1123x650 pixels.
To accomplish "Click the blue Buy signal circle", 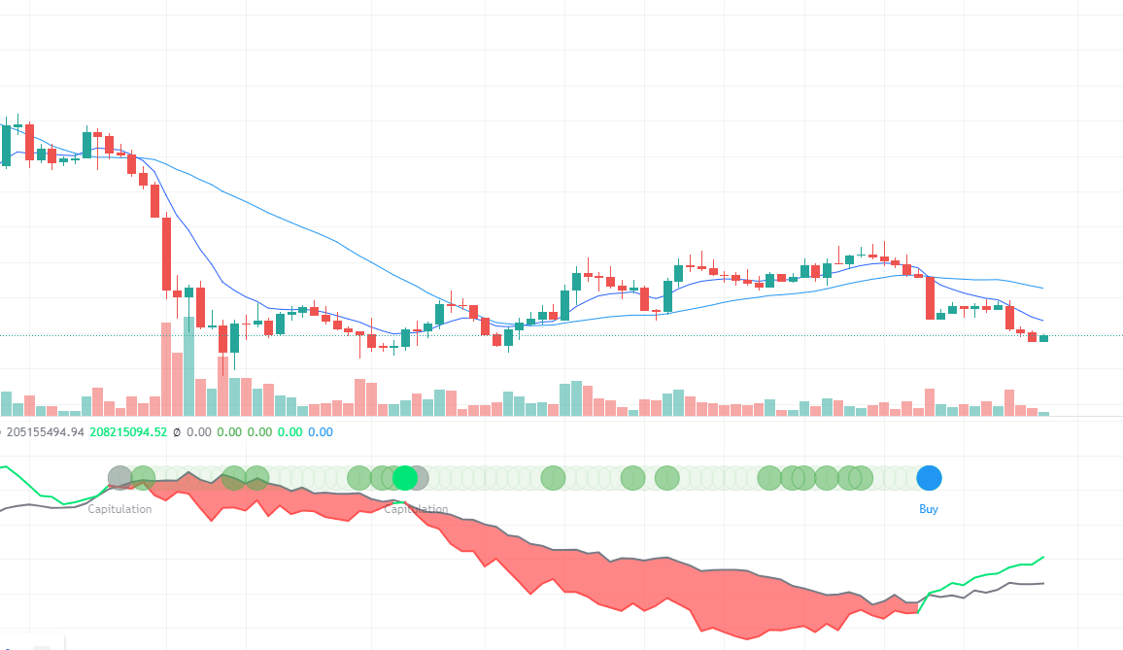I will (929, 477).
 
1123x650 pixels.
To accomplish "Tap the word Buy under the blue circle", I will (929, 509).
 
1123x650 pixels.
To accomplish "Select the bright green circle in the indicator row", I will (405, 477).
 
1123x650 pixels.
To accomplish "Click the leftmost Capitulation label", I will (119, 509).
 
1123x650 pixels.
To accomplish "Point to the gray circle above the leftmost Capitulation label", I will (119, 477).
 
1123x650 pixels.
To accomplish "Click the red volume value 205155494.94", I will (45, 432).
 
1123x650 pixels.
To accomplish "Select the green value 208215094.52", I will (128, 432).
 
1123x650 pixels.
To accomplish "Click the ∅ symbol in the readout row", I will (176, 432).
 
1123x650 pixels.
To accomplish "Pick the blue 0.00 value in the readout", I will (321, 432).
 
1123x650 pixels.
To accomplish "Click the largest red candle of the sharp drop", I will (166, 254).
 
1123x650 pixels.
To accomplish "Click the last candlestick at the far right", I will (1043, 338).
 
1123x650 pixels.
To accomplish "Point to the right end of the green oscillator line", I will (1043, 558).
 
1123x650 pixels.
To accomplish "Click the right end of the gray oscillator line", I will (1043, 583).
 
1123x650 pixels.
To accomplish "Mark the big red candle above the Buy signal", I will (930, 298).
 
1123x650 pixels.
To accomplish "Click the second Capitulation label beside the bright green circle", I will (417, 509).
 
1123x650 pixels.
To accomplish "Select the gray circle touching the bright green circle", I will (418, 477).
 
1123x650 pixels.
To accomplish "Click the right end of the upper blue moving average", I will (1043, 289).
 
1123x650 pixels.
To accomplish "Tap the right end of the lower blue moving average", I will (1043, 321).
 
